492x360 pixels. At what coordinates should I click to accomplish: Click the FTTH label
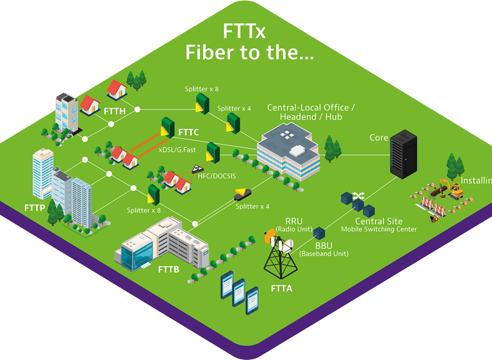[114, 111]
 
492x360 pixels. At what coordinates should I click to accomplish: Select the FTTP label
[35, 208]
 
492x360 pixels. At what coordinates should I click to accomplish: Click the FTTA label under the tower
[281, 289]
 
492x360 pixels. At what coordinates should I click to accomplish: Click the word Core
[379, 138]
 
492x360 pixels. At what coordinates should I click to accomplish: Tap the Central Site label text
[379, 221]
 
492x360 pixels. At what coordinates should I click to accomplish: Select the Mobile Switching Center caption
[379, 229]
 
